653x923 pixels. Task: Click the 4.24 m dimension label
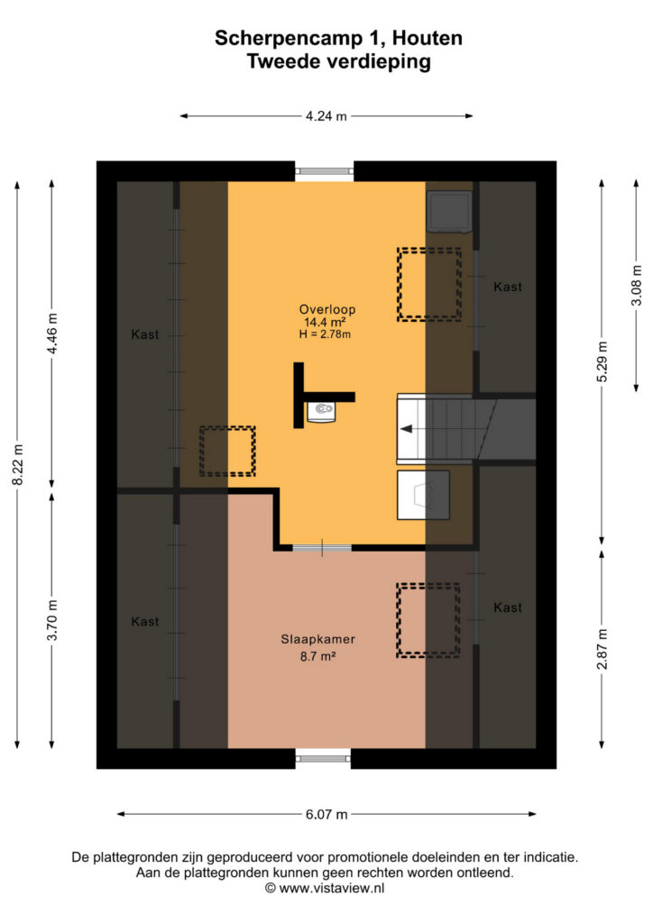[326, 116]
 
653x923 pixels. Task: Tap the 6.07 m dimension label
[326, 814]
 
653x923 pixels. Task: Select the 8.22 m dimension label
[18, 465]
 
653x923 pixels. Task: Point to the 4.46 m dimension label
[52, 334]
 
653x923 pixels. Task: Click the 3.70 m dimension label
[52, 620]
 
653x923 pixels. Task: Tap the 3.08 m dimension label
[637, 286]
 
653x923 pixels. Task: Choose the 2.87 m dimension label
[602, 649]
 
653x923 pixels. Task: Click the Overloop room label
[327, 310]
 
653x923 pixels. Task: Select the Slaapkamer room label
[318, 639]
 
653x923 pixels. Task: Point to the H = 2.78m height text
[325, 334]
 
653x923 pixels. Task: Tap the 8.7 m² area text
[318, 656]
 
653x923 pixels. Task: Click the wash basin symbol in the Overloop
[321, 411]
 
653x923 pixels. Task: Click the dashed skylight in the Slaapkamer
[428, 620]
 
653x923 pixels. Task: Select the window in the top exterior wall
[325, 171]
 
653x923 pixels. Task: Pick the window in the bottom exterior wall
[323, 759]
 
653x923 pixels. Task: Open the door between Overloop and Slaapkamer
[322, 548]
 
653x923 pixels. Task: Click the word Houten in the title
[428, 38]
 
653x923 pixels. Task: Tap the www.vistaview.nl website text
[332, 888]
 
